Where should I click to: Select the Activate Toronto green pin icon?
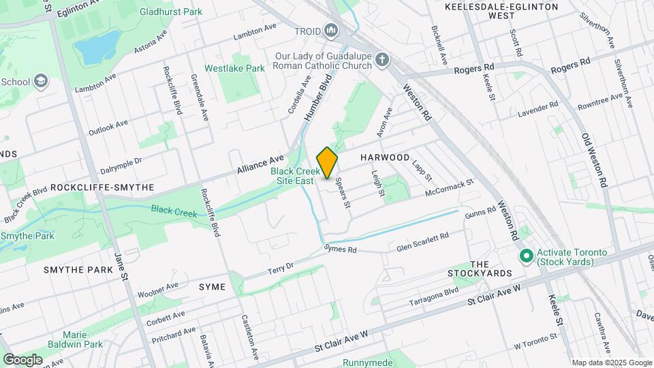click(525, 256)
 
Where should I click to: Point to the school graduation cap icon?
click(42, 82)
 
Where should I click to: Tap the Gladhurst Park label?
click(171, 12)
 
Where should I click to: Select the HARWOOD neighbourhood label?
click(385, 157)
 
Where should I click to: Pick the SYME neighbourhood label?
click(211, 287)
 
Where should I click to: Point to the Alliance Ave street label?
click(260, 163)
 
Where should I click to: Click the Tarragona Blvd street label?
click(433, 296)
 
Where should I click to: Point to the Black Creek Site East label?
click(294, 177)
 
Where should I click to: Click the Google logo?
click(22, 359)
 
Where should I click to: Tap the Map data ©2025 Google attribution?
click(611, 363)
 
